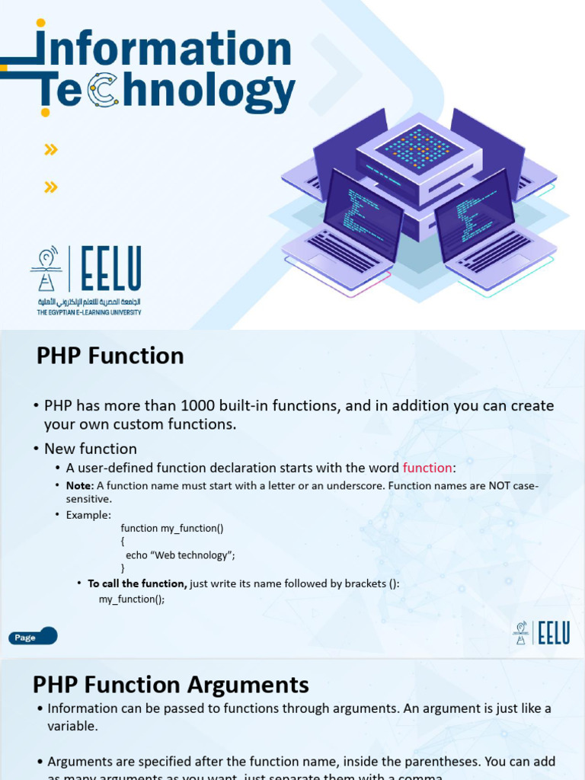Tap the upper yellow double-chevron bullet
pos(51,149)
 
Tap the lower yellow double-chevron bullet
pos(51,187)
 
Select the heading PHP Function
pos(110,356)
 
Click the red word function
pos(427,468)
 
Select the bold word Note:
pos(80,485)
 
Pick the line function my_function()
pos(172,528)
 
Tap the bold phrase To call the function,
pos(137,583)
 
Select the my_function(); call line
pos(132,599)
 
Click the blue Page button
pos(33,637)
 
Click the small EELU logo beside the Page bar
pos(542,633)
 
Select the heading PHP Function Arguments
pos(171,684)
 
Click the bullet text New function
pos(91,449)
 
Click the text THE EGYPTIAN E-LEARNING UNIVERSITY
pos(89,312)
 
